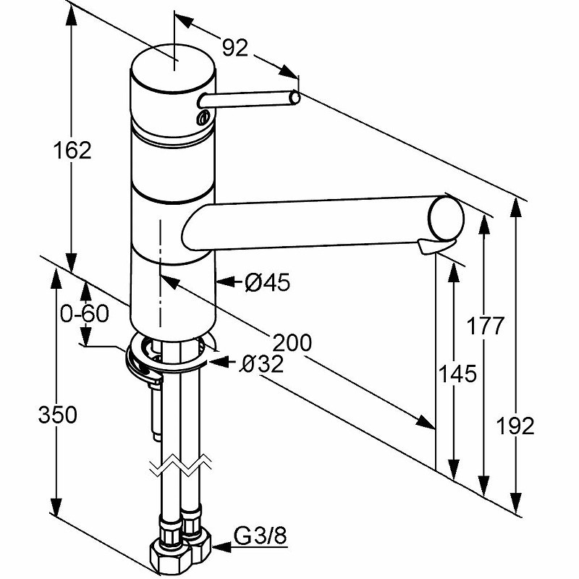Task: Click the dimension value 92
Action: [x=234, y=48]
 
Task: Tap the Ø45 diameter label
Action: [x=268, y=283]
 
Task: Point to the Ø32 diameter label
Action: [x=261, y=365]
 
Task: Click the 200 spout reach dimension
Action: [x=290, y=342]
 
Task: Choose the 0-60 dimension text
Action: [x=85, y=314]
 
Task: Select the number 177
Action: [x=484, y=326]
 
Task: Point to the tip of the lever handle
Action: [x=295, y=96]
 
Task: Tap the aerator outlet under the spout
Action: [x=426, y=248]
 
